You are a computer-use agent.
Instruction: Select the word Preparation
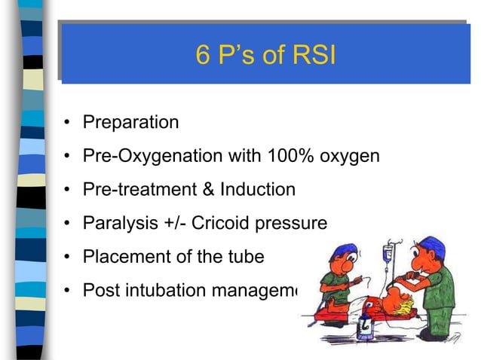click(x=130, y=122)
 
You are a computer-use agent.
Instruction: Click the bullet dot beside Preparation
click(x=67, y=123)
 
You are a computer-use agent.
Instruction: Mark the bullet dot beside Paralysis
click(x=67, y=224)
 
